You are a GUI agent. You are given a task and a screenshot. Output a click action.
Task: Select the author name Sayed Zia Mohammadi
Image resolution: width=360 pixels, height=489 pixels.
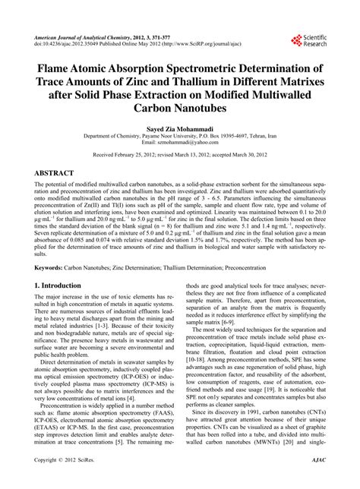pos(180,131)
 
